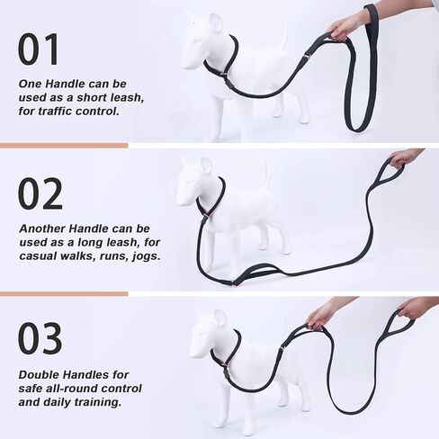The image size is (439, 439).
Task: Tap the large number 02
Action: [40, 193]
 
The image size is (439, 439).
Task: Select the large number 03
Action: [40, 338]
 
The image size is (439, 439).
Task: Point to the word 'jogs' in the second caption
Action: [145, 256]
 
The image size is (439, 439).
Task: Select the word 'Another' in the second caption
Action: [45, 228]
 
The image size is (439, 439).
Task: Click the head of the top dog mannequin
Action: [202, 40]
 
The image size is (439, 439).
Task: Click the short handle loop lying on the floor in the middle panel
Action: [237, 270]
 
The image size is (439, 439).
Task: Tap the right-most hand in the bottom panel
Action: [415, 308]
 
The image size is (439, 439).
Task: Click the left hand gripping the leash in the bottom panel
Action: [321, 314]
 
